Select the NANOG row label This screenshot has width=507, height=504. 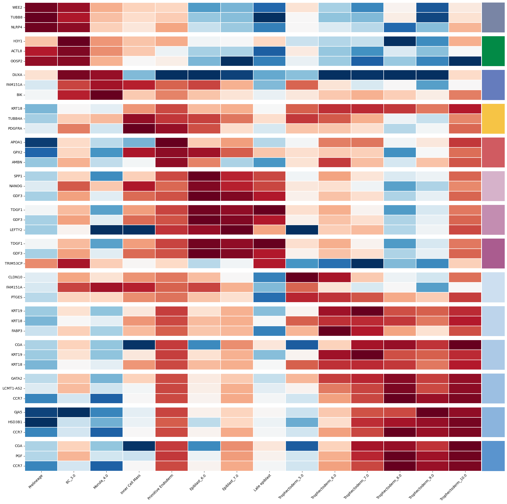[16, 186]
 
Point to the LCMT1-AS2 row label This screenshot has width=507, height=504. [13, 388]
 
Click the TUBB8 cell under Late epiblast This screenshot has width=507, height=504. [269, 17]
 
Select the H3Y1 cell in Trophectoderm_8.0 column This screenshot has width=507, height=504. [400, 41]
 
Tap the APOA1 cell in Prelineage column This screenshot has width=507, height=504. [41, 142]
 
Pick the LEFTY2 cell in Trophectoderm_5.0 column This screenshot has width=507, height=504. [302, 230]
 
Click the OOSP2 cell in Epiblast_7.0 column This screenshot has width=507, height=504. [237, 61]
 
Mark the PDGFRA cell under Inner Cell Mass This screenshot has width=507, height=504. [139, 129]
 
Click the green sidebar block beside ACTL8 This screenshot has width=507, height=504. [493, 51]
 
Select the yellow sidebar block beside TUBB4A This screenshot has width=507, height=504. [493, 119]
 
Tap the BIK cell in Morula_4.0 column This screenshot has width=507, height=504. [106, 95]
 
